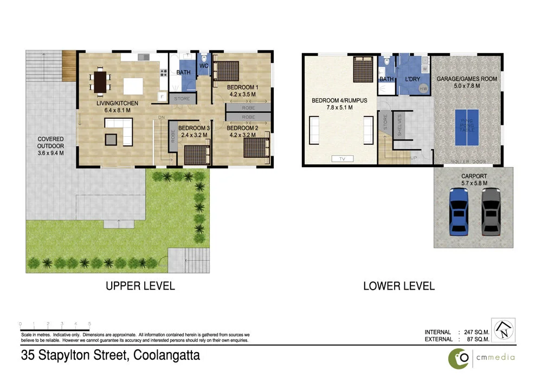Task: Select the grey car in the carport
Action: [491, 212]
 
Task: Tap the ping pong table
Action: [467, 127]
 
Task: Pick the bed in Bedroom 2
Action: [255, 148]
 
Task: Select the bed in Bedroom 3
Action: [197, 155]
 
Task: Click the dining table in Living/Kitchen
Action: [101, 82]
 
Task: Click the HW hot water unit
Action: [423, 89]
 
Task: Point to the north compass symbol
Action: [504, 330]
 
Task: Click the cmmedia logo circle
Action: [460, 358]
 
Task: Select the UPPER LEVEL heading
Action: [140, 286]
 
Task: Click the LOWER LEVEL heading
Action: [399, 286]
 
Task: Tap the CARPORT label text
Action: [473, 176]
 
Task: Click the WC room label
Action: [204, 66]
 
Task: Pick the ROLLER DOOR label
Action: [467, 162]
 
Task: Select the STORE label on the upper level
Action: [182, 99]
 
